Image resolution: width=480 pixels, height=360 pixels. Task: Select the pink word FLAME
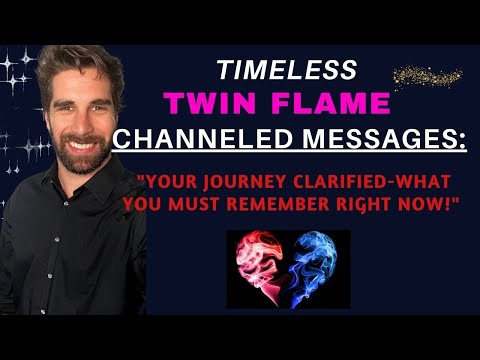pyautogui.click(x=332, y=103)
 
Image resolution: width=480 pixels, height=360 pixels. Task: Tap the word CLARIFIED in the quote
pyautogui.click(x=341, y=183)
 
